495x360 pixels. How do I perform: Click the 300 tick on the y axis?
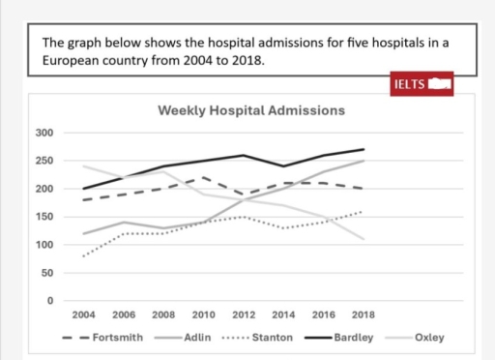(x=44, y=133)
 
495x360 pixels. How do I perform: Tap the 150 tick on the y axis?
(x=44, y=217)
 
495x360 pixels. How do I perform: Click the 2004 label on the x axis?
(x=83, y=315)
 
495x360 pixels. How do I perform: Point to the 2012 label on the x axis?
(x=245, y=315)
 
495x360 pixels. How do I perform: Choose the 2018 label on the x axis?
(x=364, y=315)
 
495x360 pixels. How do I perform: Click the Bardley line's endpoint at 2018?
(x=364, y=149)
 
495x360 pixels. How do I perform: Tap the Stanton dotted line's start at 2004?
(x=83, y=256)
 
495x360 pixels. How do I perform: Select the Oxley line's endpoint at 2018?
(x=364, y=239)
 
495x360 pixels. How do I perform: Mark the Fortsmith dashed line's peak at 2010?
(x=204, y=178)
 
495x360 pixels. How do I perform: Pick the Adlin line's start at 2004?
(x=83, y=234)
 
